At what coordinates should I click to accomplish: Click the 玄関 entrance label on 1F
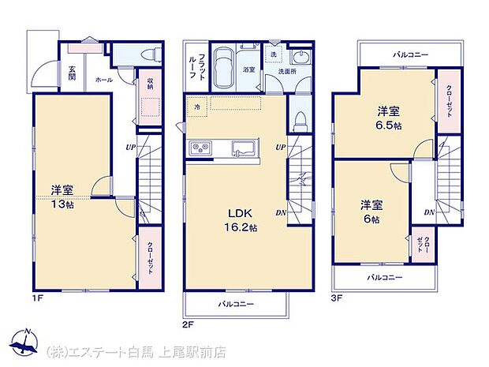[x=72, y=72]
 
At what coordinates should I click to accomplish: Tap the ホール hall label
[x=103, y=80]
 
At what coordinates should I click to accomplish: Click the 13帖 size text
[x=62, y=204]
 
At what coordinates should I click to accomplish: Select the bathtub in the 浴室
[x=225, y=62]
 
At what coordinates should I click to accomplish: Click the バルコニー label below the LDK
[x=237, y=302]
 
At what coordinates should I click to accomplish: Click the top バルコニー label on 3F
[x=409, y=54]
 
